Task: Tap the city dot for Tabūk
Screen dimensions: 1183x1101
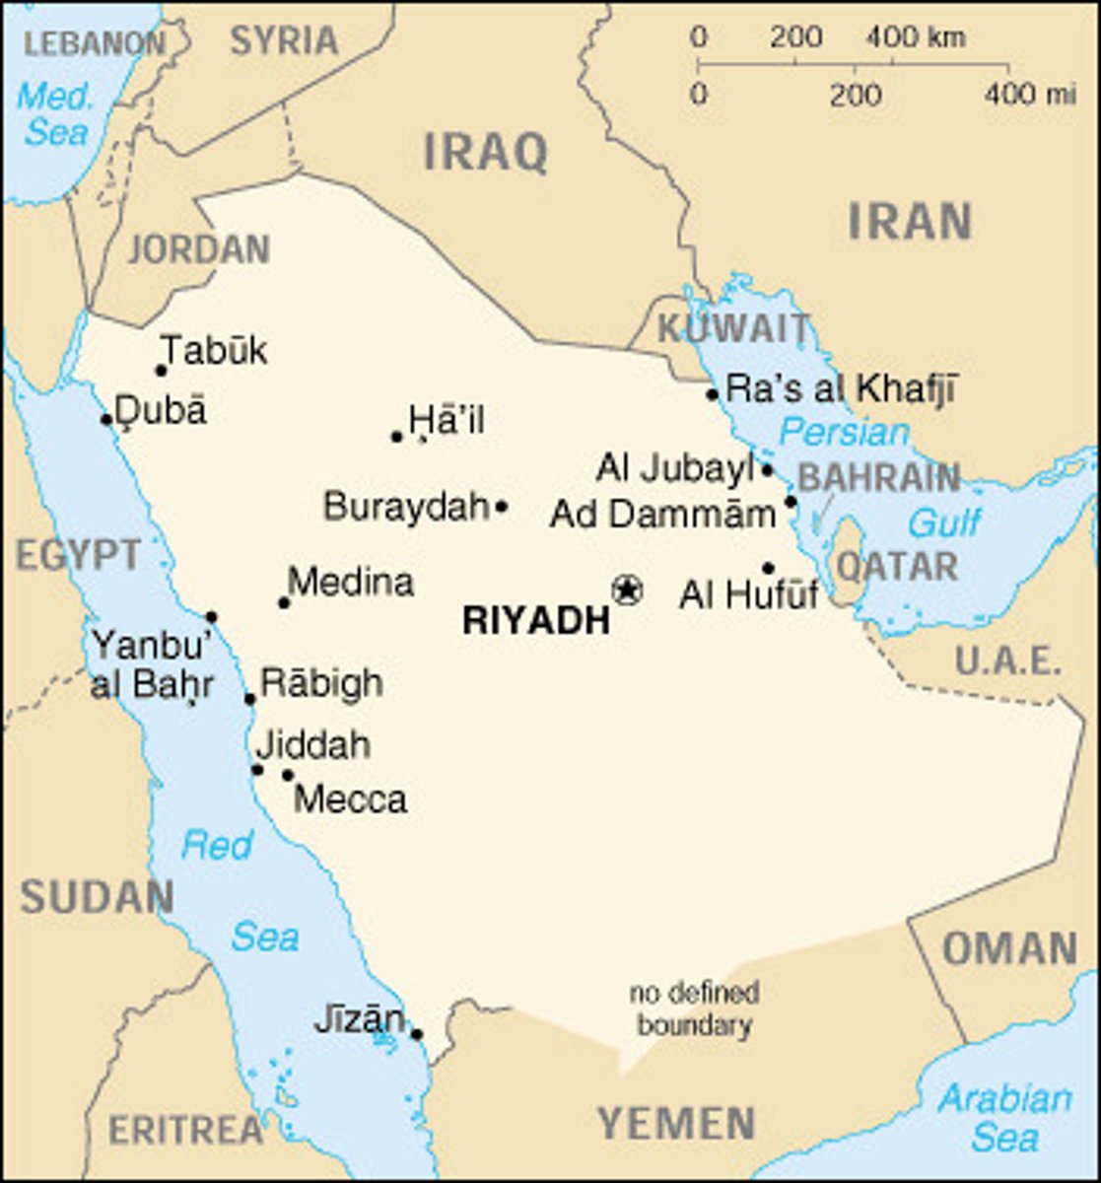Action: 162,371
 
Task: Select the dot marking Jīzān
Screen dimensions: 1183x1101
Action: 416,1034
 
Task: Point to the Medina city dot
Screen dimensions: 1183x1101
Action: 284,602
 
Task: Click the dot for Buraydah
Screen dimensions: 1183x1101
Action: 501,507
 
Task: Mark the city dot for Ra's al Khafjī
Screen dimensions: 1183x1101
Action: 712,394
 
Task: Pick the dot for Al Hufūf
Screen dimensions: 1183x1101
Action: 768,568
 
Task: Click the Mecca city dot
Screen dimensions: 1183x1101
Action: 288,775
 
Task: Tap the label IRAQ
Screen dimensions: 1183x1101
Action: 485,153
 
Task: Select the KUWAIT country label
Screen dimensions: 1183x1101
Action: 733,328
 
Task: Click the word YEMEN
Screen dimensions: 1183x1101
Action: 676,1123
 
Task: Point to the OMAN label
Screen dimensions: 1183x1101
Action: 1009,948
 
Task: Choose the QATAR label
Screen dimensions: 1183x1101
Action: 896,567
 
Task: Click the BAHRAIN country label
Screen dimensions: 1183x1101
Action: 878,478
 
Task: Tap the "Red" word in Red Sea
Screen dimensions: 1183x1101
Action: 217,845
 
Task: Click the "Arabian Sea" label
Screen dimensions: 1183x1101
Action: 1003,1118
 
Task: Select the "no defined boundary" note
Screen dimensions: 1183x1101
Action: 694,1009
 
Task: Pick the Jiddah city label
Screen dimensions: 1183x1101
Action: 312,745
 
